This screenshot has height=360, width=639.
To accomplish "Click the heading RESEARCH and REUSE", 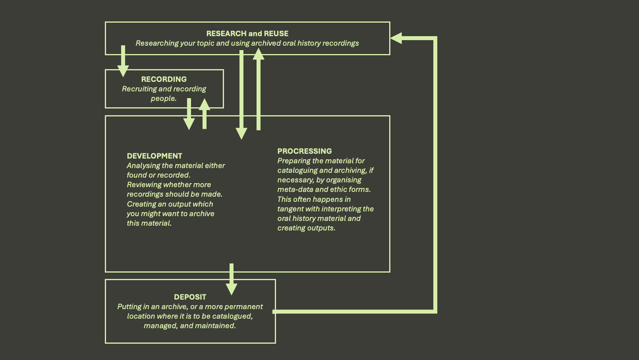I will pos(247,34).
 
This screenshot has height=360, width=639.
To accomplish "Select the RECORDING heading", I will pos(164,79).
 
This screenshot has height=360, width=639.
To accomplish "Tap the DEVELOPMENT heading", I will pos(154,156).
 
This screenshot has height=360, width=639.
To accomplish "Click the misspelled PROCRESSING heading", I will pos(305,151).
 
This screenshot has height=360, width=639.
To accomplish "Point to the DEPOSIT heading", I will pos(190,297).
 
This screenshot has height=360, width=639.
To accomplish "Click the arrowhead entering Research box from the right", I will pos(396,38).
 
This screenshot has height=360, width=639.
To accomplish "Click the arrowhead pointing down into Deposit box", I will pos(232,289).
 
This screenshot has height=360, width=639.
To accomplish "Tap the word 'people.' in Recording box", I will pos(164,99).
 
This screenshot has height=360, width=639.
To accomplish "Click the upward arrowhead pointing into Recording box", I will pos(205,105).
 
